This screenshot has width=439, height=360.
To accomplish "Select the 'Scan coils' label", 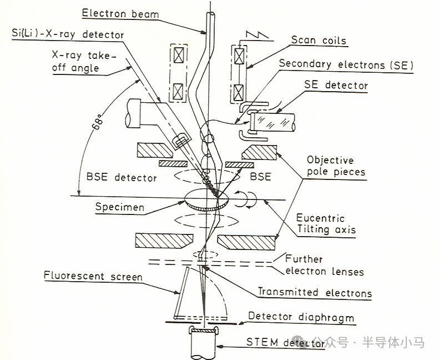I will (319, 41).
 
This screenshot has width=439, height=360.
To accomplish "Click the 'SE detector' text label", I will (336, 86).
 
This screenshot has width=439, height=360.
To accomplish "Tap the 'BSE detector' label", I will (122, 178).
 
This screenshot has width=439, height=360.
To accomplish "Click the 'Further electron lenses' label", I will (325, 266).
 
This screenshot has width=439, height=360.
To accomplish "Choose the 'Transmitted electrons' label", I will (315, 292).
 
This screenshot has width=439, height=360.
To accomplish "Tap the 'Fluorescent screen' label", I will (94, 276).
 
